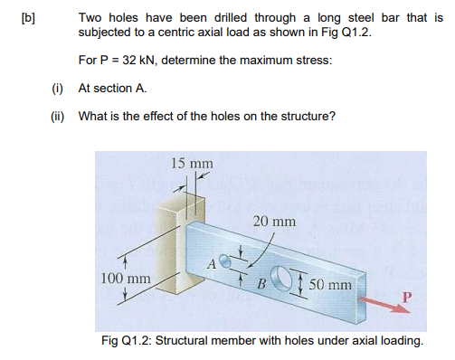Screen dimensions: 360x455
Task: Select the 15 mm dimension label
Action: click(191, 163)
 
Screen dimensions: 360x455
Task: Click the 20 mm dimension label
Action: click(273, 221)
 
